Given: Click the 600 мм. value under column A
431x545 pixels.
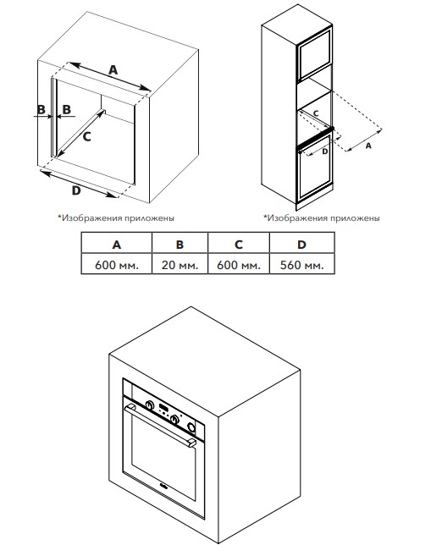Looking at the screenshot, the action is (117, 264).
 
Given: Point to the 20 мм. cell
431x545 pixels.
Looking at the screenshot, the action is (180, 264).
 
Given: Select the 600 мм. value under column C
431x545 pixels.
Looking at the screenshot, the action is (238, 264).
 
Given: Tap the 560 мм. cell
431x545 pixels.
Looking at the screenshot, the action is (301, 264).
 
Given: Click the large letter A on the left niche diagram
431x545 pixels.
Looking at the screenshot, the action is (113, 70).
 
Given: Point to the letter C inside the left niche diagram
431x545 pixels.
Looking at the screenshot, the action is (86, 136).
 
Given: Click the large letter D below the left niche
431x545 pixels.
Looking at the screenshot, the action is (76, 190).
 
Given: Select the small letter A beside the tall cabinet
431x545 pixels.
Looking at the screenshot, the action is (368, 146).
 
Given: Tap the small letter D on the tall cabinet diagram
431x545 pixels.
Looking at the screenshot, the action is (325, 151).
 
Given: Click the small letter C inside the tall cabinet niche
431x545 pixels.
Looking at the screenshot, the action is (316, 113).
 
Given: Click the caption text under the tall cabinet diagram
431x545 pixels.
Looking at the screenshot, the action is (322, 218).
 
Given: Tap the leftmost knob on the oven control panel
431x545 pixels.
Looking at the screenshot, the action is (150, 405).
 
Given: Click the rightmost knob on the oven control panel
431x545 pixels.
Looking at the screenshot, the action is (191, 427).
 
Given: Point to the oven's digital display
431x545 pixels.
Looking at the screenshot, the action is (163, 407).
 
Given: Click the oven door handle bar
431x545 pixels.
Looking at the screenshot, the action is (161, 427).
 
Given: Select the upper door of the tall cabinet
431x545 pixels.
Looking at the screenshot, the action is (314, 53).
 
